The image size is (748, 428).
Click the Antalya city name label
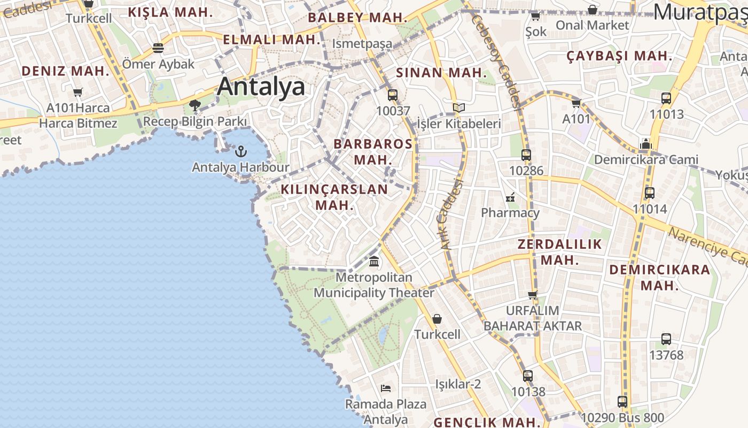261,87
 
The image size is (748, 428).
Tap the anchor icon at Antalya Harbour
241,151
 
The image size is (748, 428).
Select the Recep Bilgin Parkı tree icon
195,105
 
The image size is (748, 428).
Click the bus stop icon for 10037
393,95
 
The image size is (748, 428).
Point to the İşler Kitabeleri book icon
458,108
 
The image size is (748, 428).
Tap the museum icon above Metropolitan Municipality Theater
374,262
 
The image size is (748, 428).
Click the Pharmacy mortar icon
510,197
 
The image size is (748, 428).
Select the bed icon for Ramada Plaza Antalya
386,388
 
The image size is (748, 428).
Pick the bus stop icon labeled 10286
526,155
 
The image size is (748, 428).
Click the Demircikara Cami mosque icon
646,144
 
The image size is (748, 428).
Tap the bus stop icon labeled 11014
650,193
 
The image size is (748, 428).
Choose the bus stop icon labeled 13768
666,339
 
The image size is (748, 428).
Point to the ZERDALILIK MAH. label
560,252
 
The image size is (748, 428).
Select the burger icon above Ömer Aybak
158,48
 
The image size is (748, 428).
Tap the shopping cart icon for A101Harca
78,92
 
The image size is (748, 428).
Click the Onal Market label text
593,25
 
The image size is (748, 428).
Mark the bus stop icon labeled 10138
528,376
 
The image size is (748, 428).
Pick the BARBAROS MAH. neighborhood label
373,151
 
